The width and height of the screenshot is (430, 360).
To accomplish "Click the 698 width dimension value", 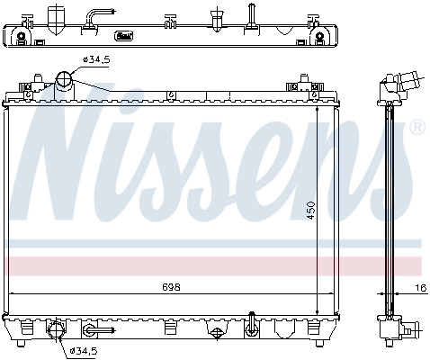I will [x=171, y=287].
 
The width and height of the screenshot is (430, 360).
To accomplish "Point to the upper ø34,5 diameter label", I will [x=96, y=60].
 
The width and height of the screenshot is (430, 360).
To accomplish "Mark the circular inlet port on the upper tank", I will [x=65, y=81].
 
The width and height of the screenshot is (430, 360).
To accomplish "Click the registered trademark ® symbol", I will [x=417, y=128].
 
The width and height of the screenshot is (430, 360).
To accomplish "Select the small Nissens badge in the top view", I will [x=125, y=36].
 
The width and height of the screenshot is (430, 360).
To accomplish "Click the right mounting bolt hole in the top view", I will [x=318, y=37].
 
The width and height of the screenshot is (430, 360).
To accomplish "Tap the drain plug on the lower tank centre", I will [x=216, y=332].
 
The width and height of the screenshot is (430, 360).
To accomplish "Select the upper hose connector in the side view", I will [x=406, y=82].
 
